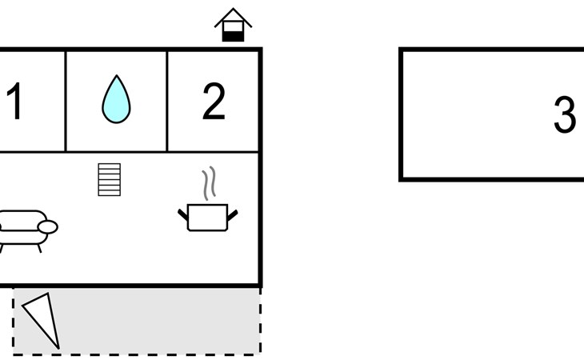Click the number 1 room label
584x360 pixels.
[14, 101]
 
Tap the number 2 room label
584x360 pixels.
[214, 101]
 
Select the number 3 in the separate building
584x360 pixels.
[565, 114]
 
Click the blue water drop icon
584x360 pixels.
[116, 99]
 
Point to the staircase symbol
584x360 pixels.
[109, 179]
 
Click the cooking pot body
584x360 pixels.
[207, 218]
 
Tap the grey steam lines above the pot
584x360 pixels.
[209, 182]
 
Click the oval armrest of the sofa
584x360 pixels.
[48, 226]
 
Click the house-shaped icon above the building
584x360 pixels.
[233, 25]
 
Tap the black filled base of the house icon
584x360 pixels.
[233, 37]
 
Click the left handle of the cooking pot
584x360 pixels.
[183, 215]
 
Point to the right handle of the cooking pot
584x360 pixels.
[233, 215]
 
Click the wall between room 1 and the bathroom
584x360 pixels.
[66, 102]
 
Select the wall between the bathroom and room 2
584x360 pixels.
[167, 102]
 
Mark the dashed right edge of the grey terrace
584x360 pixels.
[260, 320]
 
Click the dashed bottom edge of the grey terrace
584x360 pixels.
[137, 354]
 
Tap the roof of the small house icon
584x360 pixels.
[233, 17]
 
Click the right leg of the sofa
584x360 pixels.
[39, 249]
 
